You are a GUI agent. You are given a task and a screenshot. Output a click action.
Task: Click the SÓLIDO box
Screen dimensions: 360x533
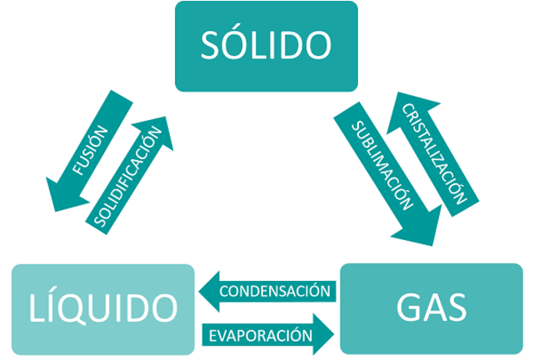266,46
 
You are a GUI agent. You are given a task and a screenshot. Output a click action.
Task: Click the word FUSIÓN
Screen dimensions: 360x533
91,150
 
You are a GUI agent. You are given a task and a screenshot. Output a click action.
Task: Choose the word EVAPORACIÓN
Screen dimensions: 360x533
259,335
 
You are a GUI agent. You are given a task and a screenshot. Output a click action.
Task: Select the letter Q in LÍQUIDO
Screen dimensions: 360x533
87,307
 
